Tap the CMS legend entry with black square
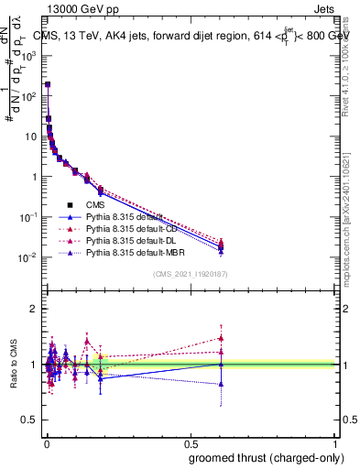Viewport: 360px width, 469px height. coord(96,205)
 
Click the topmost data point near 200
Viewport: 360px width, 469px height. coord(47,84)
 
